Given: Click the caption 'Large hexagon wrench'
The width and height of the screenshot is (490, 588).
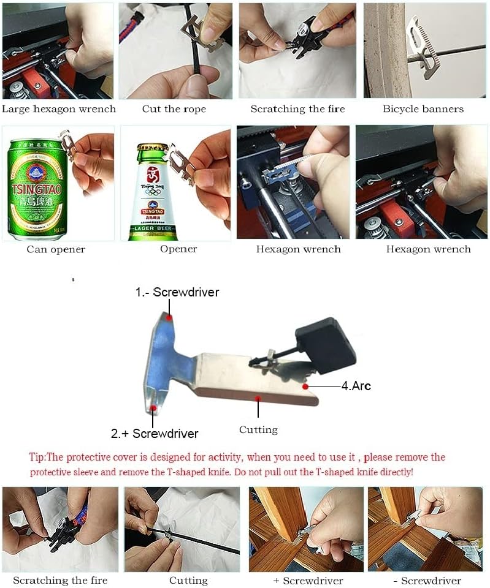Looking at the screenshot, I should point(58,109).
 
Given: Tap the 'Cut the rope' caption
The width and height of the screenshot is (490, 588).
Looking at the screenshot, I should point(174,109).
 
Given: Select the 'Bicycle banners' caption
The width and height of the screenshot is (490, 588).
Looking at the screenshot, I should point(423,109).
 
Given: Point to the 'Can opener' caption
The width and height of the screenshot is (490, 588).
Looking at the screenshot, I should point(56,249).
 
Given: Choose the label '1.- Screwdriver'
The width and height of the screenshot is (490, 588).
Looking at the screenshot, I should point(177,292).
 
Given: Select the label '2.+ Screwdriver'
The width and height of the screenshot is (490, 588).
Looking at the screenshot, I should point(155,434).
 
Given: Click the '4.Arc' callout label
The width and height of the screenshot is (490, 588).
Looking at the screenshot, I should point(356,386).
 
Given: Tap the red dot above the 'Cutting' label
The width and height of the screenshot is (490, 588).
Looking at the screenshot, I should point(258,398).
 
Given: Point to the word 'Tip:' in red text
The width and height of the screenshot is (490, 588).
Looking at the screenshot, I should point(37,457).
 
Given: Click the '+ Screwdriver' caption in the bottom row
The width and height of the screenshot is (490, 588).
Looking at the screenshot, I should point(308,581).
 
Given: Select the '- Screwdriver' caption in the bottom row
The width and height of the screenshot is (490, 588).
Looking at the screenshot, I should point(427,581).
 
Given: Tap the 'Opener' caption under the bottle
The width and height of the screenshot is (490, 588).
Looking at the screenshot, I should point(178,249).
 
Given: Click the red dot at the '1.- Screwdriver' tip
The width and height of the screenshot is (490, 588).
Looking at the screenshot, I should point(170,317).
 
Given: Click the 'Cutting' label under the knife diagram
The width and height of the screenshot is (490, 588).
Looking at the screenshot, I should point(258,430).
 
